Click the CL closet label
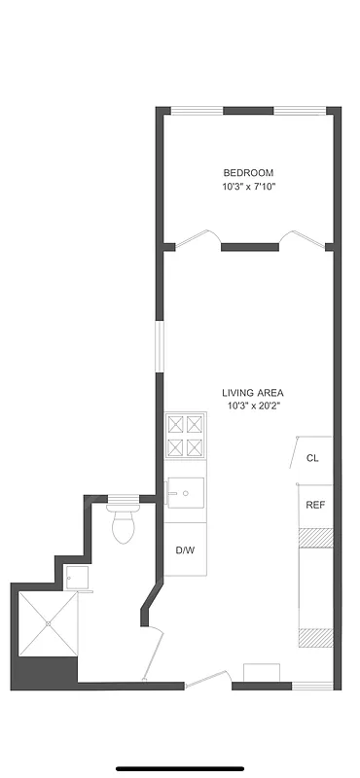pyautogui.click(x=312, y=458)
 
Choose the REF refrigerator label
pyautogui.click(x=314, y=505)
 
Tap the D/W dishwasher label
pyautogui.click(x=184, y=550)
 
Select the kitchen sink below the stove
pyautogui.click(x=185, y=494)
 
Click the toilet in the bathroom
pyautogui.click(x=124, y=526)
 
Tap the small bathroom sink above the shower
pyautogui.click(x=78, y=578)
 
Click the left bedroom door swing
pyautogui.click(x=201, y=238)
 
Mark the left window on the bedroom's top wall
pyautogui.click(x=198, y=111)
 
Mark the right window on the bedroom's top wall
pyautogui.click(x=299, y=111)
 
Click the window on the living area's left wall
pyautogui.click(x=160, y=344)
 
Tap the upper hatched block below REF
pyautogui.click(x=315, y=536)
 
